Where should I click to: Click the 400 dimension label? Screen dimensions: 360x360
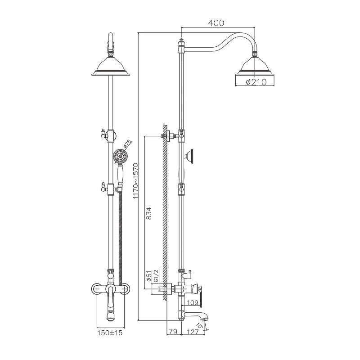[x=216, y=23]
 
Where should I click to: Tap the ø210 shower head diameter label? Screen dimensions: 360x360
[x=256, y=82]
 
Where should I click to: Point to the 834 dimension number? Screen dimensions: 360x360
[x=149, y=213]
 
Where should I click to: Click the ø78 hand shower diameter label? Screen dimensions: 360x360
[x=128, y=144]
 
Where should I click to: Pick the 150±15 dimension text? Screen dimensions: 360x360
[x=110, y=333]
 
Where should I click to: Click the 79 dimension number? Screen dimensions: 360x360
[x=173, y=332]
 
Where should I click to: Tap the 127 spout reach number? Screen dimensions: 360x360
[x=193, y=332]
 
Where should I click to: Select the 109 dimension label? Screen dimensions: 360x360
[x=193, y=302]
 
